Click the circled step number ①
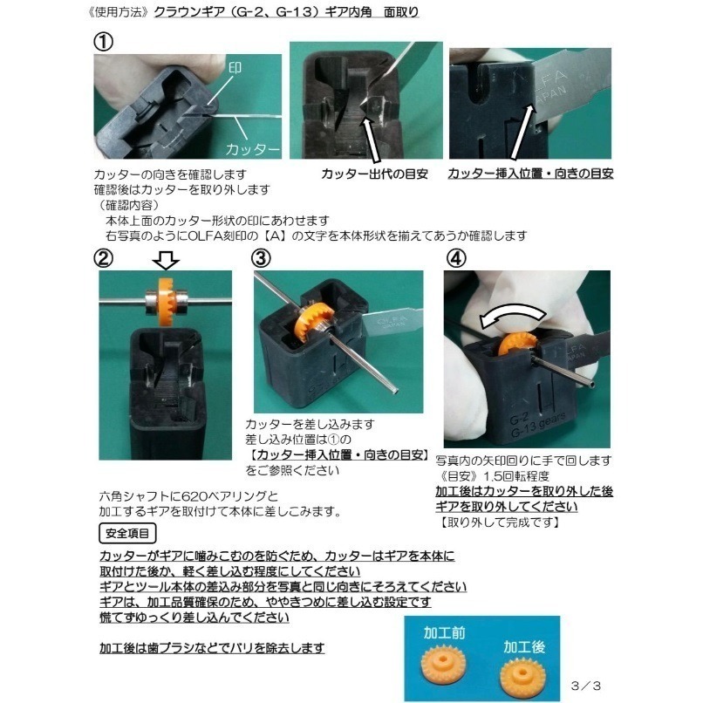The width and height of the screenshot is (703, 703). (x=104, y=43)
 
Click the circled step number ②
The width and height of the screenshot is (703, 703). (x=105, y=259)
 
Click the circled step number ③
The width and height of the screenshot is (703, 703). (x=261, y=258)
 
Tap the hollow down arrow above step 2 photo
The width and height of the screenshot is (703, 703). (x=166, y=261)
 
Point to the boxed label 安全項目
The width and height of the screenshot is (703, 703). (x=127, y=532)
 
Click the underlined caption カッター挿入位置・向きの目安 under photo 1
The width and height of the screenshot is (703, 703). (x=530, y=174)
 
